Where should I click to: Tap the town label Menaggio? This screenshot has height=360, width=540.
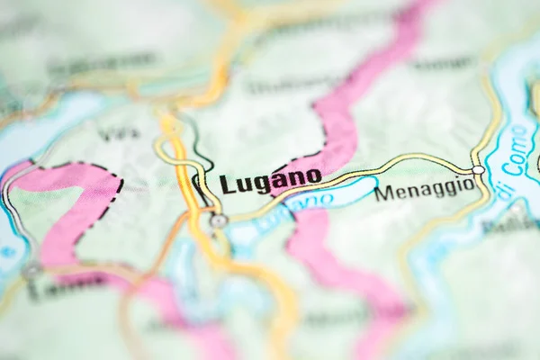424,190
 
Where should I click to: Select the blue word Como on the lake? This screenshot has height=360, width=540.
519,149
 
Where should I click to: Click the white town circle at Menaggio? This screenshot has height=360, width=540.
478,169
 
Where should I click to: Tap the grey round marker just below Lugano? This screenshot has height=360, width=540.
219,220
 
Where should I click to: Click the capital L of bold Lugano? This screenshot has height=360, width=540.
227,184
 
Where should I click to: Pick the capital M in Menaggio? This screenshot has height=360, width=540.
383,193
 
